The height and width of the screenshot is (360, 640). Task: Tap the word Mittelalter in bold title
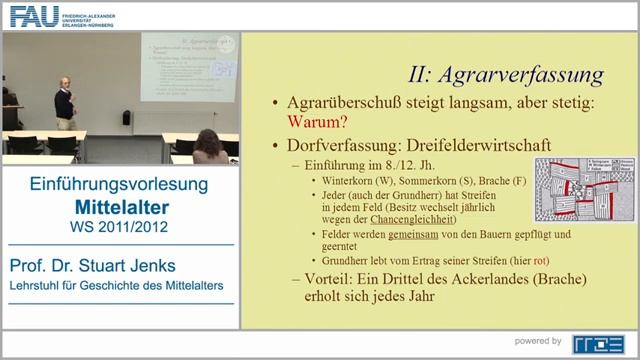tap(118, 207)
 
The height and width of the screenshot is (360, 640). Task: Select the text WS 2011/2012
tap(118, 226)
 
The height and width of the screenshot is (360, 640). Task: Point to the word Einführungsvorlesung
tap(118, 185)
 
